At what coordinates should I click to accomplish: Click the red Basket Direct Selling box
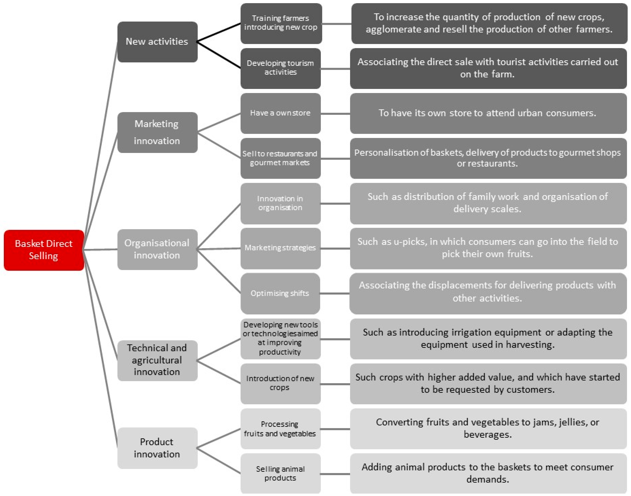pyautogui.click(x=44, y=250)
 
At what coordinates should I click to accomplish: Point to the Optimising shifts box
pyautogui.click(x=280, y=293)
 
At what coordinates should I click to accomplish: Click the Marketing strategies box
pyautogui.click(x=280, y=248)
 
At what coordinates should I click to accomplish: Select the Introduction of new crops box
pyautogui.click(x=280, y=383)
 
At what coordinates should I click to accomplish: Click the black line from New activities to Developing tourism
pyautogui.click(x=219, y=55)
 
